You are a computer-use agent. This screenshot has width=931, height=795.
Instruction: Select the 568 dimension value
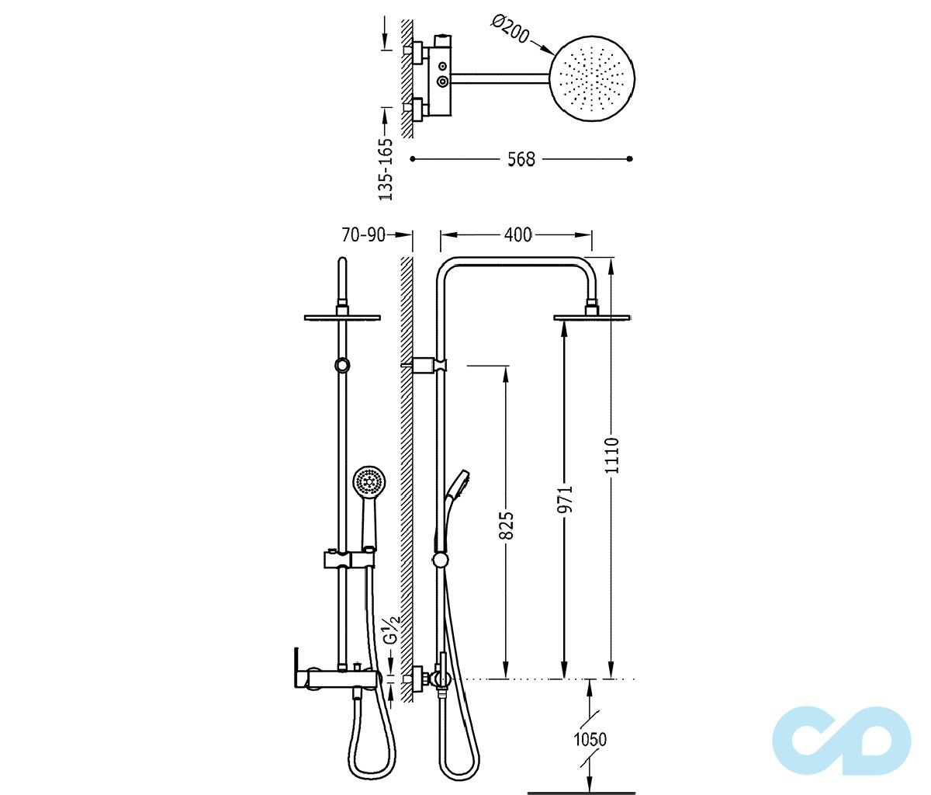point(521,159)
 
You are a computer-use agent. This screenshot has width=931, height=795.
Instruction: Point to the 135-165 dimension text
point(386,169)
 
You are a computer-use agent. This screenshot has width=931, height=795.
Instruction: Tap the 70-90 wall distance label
point(364,234)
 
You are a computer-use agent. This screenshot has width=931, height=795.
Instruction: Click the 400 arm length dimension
point(518,234)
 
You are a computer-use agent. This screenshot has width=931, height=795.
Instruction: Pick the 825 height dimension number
point(507,525)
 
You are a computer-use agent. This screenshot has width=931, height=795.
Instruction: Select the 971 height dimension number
point(565,499)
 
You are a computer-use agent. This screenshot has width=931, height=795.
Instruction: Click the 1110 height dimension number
point(613,455)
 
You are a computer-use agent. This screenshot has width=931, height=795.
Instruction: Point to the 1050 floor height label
point(590,740)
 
